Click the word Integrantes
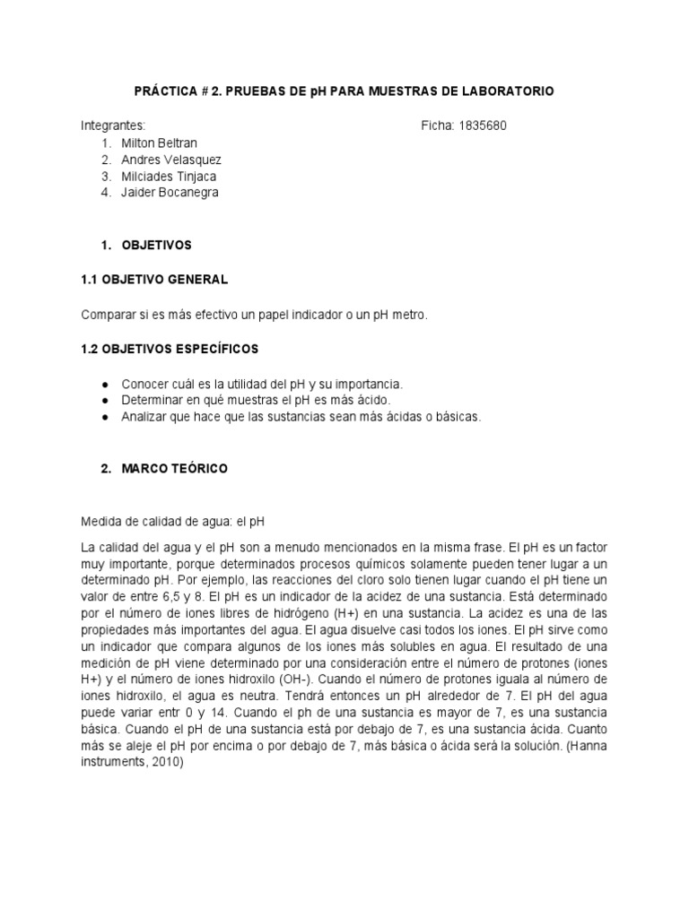113,126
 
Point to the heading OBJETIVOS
158,244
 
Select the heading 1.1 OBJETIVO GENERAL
154,280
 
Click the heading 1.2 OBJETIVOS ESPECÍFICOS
170,348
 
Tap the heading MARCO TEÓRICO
176,469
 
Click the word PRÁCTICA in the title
165,91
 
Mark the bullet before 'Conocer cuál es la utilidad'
107,385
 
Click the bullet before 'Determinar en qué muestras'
107,401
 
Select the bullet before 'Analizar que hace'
107,417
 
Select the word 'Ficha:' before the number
437,126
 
